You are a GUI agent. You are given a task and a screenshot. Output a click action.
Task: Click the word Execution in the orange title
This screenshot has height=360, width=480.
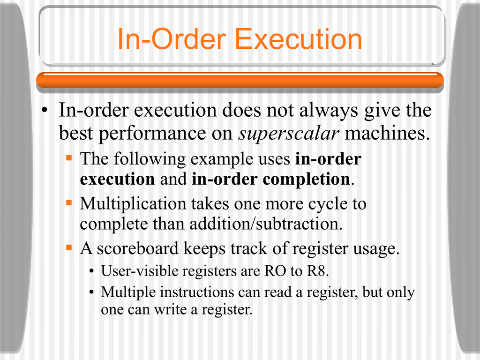tap(299, 39)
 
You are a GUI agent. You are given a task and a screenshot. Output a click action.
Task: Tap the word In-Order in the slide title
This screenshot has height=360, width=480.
tap(172, 39)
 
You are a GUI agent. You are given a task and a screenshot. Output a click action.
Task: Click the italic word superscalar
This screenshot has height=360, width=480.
tap(289, 134)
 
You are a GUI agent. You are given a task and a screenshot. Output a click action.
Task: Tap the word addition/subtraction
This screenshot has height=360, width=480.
tap(266, 224)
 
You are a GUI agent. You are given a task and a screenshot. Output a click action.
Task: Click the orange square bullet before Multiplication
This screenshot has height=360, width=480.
tap(69, 202)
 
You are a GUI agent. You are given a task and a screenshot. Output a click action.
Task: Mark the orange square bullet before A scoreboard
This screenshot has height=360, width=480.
tap(69, 247)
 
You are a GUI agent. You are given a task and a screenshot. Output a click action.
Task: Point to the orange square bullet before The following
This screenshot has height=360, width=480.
tap(69, 158)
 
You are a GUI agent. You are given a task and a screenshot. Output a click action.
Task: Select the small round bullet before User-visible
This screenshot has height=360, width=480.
tap(91, 271)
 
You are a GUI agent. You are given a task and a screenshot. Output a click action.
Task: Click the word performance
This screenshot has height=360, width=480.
tap(152, 134)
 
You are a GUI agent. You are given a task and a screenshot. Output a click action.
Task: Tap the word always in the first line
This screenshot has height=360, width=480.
tap(328, 111)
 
